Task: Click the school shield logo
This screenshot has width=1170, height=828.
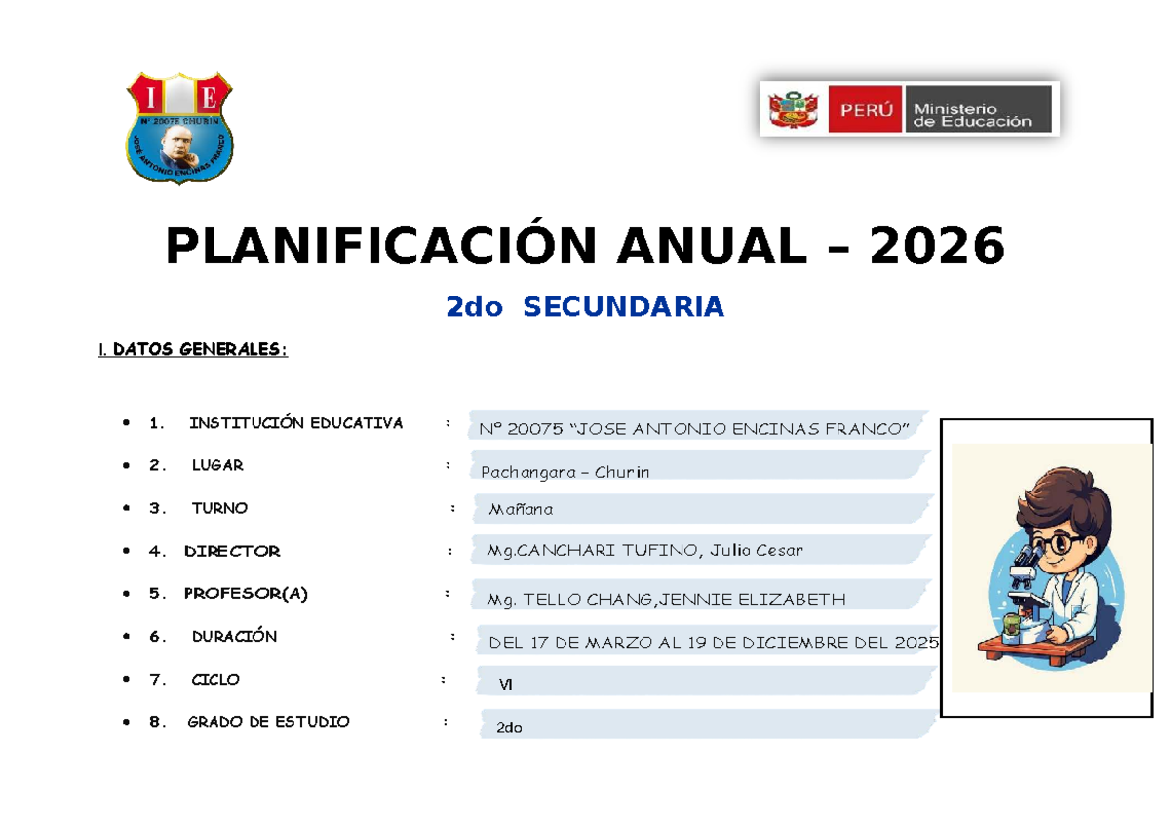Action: pos(179,129)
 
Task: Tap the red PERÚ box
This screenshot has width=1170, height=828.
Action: pos(865,109)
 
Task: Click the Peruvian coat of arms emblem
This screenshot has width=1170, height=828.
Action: pos(793,109)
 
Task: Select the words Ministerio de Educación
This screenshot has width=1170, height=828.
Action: pos(972,115)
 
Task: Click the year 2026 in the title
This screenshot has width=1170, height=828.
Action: pos(937,246)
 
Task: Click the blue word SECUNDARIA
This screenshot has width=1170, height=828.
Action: pos(623,306)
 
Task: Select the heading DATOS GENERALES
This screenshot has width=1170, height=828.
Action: pos(200,349)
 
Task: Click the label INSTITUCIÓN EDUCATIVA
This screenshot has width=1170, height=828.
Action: pos(296,422)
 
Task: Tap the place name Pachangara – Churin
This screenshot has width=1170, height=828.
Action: pos(565,472)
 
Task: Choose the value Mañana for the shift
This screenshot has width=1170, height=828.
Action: pos(521,509)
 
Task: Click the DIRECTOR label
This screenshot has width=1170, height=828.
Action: pos(232,551)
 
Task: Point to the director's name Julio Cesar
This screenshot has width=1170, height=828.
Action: pos(756,550)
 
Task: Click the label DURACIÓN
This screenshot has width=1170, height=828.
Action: pos(235,636)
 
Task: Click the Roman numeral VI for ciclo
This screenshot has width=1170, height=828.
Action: pos(505,685)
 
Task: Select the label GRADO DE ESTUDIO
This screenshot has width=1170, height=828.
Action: pos(268,722)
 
